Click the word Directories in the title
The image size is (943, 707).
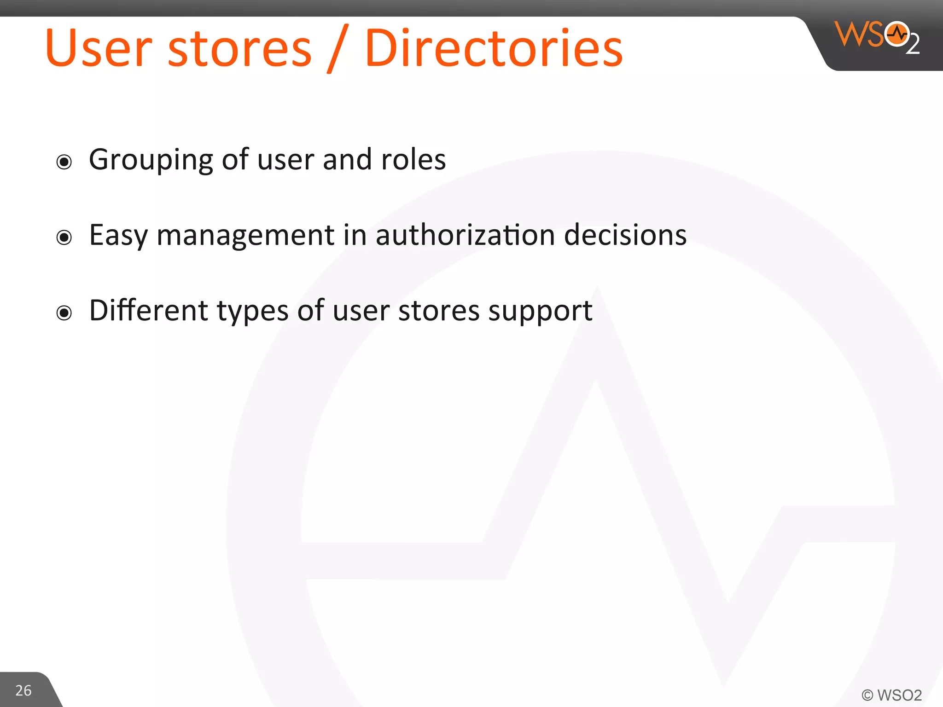pos(494,48)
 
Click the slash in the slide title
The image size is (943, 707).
pos(338,50)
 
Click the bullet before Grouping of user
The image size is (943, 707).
pos(64,162)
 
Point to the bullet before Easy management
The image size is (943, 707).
pos(64,238)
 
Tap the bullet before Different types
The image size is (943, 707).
pos(64,313)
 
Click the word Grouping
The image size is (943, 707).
pos(151,161)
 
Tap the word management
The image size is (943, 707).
pos(245,236)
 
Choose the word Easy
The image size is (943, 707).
pos(118,236)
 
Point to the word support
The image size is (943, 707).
pos(540,312)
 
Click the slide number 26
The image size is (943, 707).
pos(23,690)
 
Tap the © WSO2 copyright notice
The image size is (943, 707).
pos(891,695)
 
